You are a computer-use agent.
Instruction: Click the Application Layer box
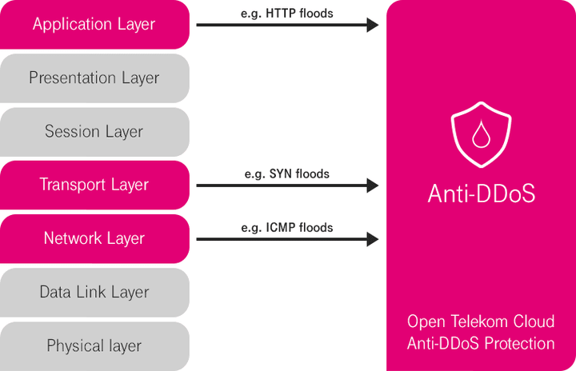94,24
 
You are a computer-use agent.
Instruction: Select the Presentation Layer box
94,78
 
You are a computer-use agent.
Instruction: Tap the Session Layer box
94,132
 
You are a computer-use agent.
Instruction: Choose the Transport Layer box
94,185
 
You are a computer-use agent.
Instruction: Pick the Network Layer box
94,238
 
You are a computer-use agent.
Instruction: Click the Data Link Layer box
94,292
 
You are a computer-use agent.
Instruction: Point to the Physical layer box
94,345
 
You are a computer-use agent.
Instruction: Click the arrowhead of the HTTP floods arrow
372,25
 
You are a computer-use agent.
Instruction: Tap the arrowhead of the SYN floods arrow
372,185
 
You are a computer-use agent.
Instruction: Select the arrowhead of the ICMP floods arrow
372,239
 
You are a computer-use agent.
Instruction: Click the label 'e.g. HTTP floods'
286,14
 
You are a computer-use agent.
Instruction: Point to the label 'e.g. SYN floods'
286,174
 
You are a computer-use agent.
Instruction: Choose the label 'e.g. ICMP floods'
286,227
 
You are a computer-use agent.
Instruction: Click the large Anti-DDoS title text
481,194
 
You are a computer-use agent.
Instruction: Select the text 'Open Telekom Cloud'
481,321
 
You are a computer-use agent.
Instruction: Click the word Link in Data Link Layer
94,292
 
